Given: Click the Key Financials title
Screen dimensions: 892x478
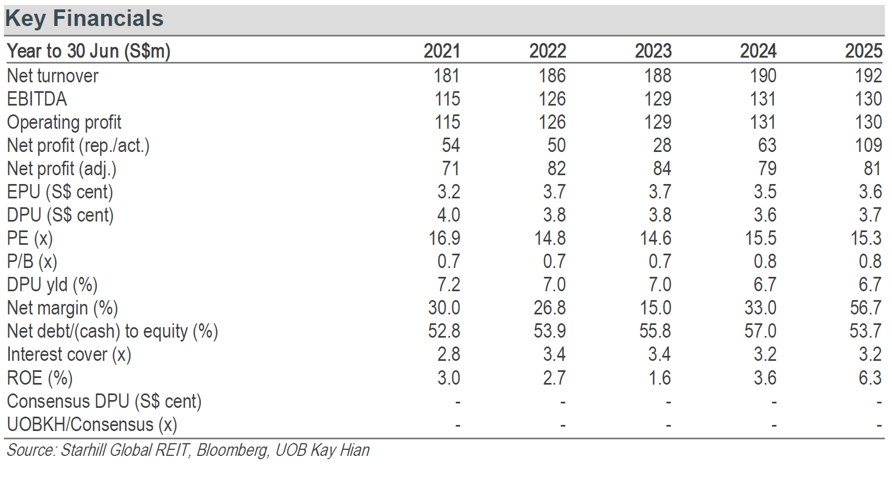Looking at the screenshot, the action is point(85,19).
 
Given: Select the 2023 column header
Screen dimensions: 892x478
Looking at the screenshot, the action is point(653,51).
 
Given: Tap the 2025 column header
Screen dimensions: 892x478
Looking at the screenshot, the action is point(864,51).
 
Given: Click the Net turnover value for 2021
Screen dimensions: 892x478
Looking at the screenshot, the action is point(446,76).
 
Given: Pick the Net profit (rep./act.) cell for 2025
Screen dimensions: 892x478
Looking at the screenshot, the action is point(869,145).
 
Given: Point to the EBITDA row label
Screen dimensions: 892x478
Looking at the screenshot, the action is point(36,99).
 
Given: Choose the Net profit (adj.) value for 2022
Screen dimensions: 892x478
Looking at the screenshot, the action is point(556,169).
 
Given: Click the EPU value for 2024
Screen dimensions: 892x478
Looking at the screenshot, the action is point(765,192).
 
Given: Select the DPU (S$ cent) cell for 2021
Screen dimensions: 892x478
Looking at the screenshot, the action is point(449,215).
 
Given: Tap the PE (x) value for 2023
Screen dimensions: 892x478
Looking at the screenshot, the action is point(655,238).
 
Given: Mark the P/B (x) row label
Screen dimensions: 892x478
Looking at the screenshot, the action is point(32,261).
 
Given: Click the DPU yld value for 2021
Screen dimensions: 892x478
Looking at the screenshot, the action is point(449,285).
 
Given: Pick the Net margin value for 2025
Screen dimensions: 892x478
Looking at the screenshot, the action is point(865,308).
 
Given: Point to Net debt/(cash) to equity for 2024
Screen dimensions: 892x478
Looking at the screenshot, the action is point(760,331).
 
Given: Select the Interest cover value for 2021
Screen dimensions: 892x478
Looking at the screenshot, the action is point(449,354).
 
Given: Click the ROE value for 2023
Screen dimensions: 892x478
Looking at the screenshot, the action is point(660,377).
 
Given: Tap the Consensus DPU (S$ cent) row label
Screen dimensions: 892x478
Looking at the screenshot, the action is point(105,401).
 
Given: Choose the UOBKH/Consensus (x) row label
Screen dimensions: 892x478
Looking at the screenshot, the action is point(92,424).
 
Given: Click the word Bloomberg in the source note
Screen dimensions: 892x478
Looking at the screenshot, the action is point(232,450).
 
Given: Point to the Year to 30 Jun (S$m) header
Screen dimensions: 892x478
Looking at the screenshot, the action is point(88,51).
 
